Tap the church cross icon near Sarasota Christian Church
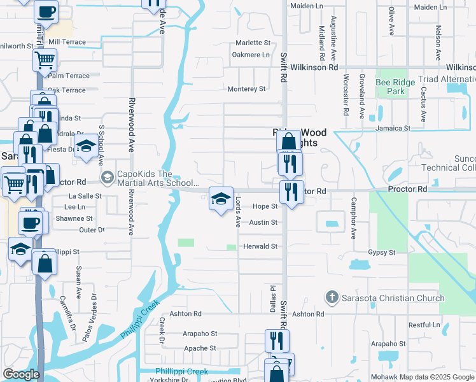(x=331, y=297)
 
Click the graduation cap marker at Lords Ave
(x=221, y=199)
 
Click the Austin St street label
(x=263, y=222)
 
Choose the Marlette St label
(x=253, y=43)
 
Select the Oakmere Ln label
(x=251, y=55)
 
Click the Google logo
(x=21, y=374)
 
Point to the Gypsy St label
(x=381, y=253)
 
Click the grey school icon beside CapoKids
(x=107, y=176)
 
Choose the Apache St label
(x=200, y=348)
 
